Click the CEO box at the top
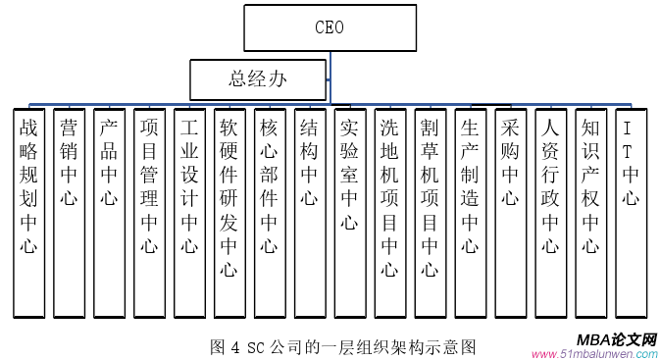329,28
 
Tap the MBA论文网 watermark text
617,338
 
